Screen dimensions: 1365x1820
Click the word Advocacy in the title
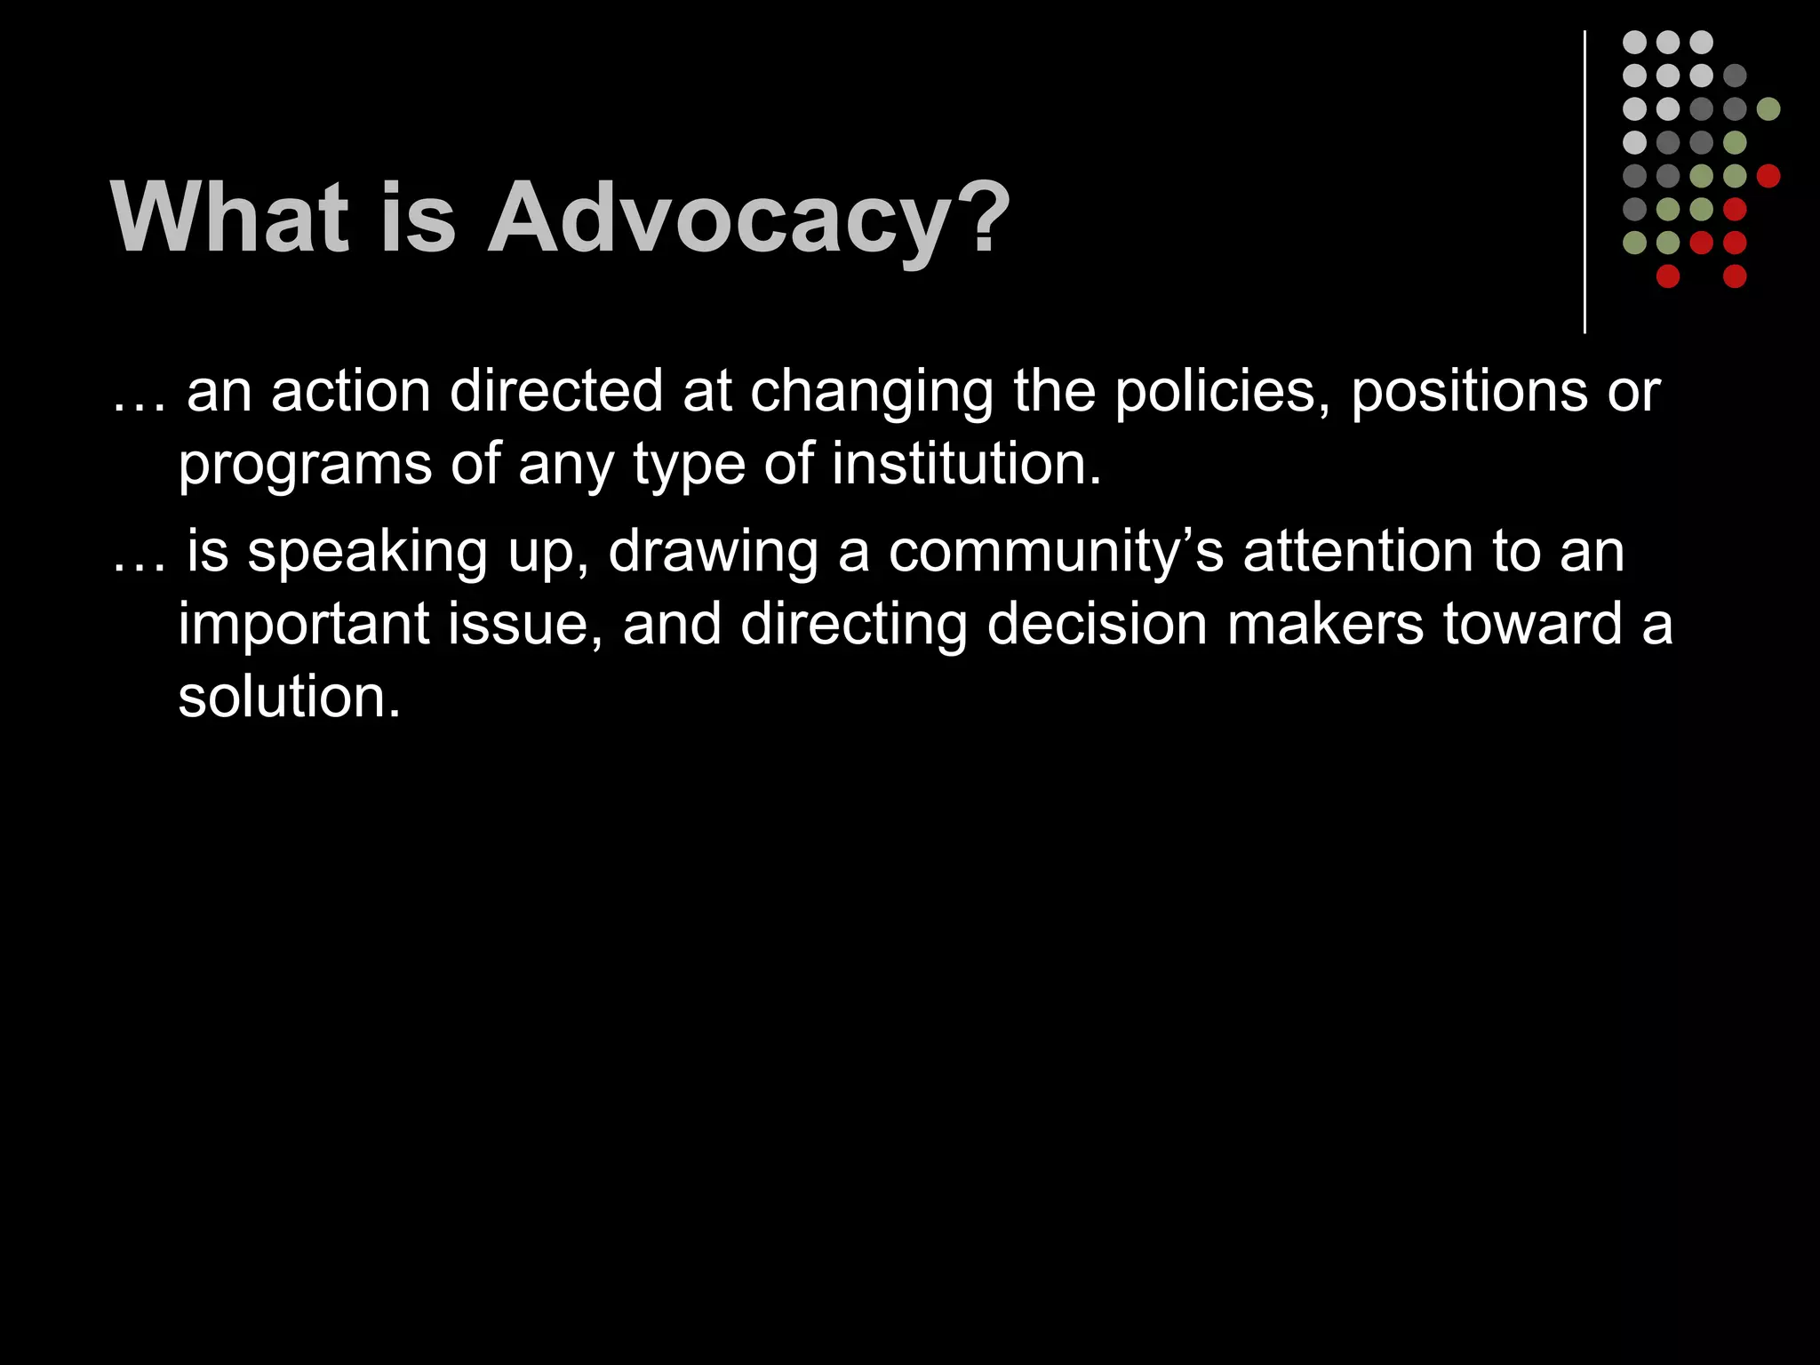pyautogui.click(x=749, y=219)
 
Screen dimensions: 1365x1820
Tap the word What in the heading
pyautogui.click(x=229, y=219)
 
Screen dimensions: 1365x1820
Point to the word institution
pyautogui.click(x=966, y=464)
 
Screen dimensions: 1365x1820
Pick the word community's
pyautogui.click(x=1056, y=552)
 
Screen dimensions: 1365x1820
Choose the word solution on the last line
pyautogui.click(x=289, y=696)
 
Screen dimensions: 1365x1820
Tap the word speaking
pyautogui.click(x=367, y=553)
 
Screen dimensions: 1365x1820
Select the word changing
pyautogui.click(x=872, y=393)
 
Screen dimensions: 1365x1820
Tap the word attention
pyautogui.click(x=1359, y=552)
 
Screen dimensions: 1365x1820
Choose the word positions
pyautogui.click(x=1469, y=391)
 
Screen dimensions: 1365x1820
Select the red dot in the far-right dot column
pyautogui.click(x=1768, y=176)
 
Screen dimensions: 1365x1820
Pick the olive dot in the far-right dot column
pyautogui.click(x=1768, y=109)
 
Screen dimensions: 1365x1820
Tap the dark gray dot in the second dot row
pyautogui.click(x=1735, y=76)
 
